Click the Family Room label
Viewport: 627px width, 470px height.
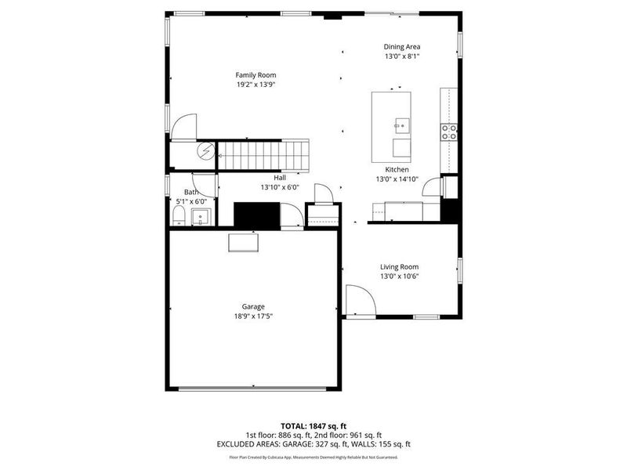click(x=256, y=75)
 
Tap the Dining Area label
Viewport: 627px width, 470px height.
click(x=401, y=47)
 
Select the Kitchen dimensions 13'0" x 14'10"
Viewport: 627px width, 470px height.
click(x=397, y=179)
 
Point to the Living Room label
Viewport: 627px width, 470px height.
click(x=399, y=266)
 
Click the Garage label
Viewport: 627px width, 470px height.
click(x=252, y=306)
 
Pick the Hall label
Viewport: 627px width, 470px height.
click(x=280, y=178)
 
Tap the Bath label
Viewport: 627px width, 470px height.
click(x=191, y=192)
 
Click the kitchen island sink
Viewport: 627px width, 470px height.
click(x=401, y=124)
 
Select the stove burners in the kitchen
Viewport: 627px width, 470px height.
click(x=450, y=132)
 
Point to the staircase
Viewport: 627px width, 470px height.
click(x=263, y=154)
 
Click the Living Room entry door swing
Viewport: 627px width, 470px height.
click(x=359, y=301)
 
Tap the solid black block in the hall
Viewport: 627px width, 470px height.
click(x=256, y=215)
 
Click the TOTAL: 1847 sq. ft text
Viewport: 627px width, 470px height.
click(x=313, y=425)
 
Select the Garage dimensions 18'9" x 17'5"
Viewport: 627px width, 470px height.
click(x=252, y=316)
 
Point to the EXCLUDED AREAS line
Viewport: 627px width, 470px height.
click(x=313, y=444)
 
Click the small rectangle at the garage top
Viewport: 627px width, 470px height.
click(x=243, y=243)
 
